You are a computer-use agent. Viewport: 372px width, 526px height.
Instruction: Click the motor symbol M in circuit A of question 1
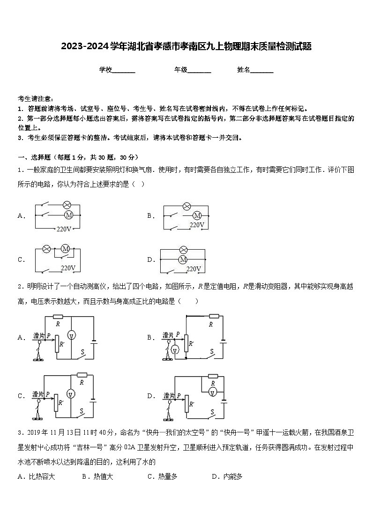coord(69,215)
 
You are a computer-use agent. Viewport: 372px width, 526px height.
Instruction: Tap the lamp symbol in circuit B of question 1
coord(186,206)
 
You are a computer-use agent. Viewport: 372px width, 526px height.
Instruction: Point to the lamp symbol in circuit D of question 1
coord(183,249)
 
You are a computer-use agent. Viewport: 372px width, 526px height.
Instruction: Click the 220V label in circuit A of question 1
coord(64,229)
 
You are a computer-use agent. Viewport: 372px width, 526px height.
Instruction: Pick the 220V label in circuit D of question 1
coord(193,269)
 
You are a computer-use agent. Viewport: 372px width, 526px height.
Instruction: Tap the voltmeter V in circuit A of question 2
coord(71,334)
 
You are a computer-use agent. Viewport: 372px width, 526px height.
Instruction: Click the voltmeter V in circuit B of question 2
coord(174,350)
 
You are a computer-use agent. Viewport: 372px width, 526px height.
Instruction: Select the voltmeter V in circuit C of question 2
coord(71,393)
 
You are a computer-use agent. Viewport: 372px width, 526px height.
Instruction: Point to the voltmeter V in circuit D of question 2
coord(212,392)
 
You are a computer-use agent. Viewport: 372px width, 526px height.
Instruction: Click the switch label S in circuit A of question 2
coord(82,351)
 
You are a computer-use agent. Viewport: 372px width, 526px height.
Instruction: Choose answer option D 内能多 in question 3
coord(227,476)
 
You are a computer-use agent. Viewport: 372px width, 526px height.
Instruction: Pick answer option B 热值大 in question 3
coord(97,476)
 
